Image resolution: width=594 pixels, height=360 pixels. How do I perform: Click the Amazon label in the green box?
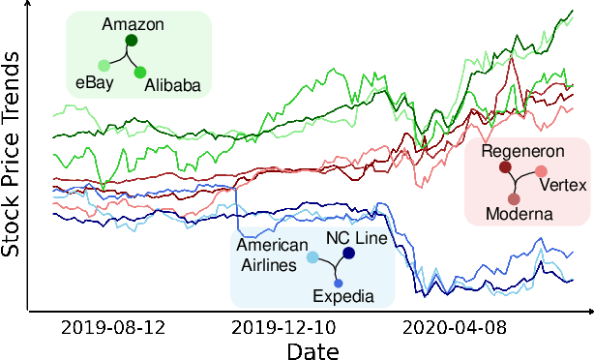point(133,22)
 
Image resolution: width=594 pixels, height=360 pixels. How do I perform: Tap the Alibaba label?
point(172,86)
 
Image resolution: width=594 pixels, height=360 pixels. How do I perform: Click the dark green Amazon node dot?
point(132,41)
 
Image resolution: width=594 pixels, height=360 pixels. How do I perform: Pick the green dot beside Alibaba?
point(140,73)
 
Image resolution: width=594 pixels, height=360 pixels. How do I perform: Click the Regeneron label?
point(521,151)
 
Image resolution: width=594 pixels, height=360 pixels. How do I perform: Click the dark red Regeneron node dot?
point(505,168)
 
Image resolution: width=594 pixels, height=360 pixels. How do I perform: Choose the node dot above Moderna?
point(514,198)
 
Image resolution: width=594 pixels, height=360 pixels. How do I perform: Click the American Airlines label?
point(272,255)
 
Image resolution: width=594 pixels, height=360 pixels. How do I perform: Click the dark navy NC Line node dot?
point(348,254)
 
